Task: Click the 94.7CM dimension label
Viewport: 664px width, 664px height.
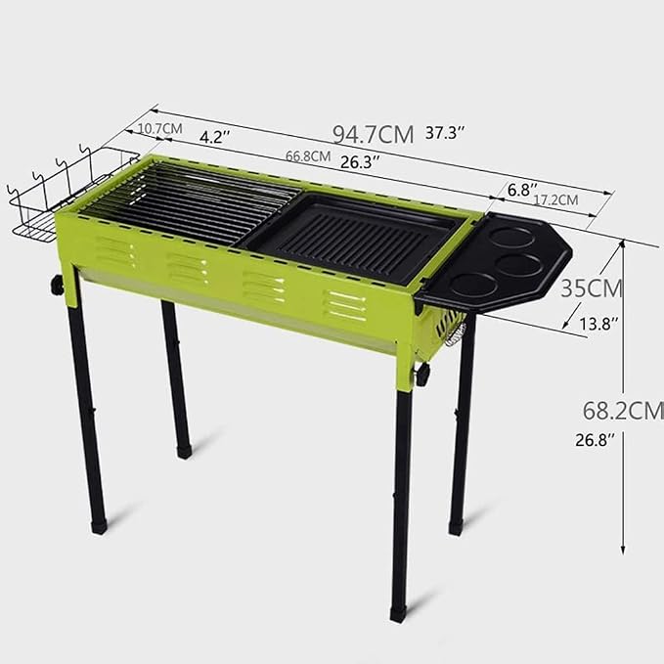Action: click(374, 134)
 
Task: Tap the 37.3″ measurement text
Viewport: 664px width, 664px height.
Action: click(445, 133)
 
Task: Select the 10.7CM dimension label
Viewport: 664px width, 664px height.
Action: click(160, 128)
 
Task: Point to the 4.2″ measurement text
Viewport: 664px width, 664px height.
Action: click(215, 137)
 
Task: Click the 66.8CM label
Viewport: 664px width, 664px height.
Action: click(308, 155)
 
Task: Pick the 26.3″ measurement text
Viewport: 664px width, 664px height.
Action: click(360, 161)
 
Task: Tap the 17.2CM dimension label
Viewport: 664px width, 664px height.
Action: click(555, 199)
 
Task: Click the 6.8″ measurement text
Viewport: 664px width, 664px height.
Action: click(522, 190)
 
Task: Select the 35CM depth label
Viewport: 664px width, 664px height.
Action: click(592, 288)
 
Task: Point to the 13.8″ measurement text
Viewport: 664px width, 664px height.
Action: click(598, 324)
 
